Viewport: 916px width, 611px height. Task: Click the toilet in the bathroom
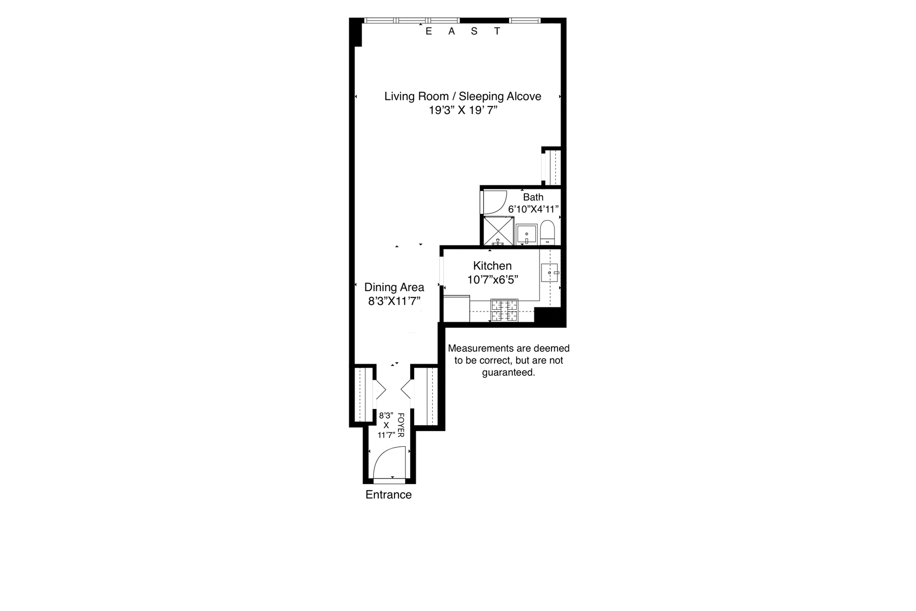click(547, 232)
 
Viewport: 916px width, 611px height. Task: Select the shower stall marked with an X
click(499, 231)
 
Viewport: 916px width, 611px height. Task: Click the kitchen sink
click(550, 273)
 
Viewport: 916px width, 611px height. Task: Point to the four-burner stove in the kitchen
click(504, 310)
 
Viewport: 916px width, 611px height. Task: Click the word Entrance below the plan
click(388, 495)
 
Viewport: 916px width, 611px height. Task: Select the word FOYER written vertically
click(401, 425)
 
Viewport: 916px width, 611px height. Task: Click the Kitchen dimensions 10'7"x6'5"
click(492, 280)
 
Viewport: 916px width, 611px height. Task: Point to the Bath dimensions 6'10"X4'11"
click(533, 209)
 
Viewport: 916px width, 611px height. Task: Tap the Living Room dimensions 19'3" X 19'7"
click(463, 110)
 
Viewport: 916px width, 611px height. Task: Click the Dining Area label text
click(394, 287)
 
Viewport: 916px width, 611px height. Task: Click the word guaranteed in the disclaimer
click(509, 372)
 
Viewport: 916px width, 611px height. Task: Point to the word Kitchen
click(492, 266)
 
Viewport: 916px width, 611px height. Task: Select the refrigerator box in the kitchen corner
click(457, 308)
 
